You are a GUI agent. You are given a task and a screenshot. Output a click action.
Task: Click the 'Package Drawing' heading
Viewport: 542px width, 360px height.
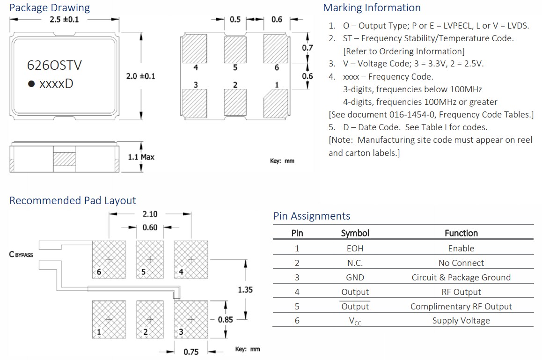pyautogui.click(x=50, y=8)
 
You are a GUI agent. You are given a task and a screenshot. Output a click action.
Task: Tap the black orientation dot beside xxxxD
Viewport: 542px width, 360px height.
pyautogui.click(x=31, y=84)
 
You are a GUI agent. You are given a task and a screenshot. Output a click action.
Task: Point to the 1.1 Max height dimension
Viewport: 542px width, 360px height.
pyautogui.click(x=141, y=157)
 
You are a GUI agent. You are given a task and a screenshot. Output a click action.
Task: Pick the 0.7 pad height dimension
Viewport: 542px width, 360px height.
pyautogui.click(x=308, y=48)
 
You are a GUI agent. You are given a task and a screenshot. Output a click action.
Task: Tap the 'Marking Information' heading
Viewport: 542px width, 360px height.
pyautogui.click(x=372, y=8)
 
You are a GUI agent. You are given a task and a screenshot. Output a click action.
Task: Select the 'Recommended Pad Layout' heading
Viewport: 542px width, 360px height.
pyautogui.click(x=73, y=201)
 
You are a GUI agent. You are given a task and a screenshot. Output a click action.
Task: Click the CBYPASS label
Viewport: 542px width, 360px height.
pyautogui.click(x=21, y=255)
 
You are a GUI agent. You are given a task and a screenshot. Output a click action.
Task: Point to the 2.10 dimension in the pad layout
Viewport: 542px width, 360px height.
pyautogui.click(x=150, y=214)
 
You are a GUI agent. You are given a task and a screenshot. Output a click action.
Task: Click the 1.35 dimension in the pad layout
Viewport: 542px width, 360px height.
pyautogui.click(x=245, y=290)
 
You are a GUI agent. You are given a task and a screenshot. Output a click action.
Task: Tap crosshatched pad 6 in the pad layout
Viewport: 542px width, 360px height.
pyautogui.click(x=109, y=258)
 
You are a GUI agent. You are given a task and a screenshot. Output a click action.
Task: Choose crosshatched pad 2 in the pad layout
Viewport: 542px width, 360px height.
pyautogui.click(x=150, y=319)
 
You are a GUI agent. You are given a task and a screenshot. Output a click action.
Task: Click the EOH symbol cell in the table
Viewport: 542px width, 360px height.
pyautogui.click(x=355, y=249)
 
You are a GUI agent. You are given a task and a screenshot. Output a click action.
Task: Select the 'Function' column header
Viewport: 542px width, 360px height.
pyautogui.click(x=461, y=233)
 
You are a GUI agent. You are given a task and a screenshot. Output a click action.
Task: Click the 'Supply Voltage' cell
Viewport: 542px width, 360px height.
pyautogui.click(x=461, y=321)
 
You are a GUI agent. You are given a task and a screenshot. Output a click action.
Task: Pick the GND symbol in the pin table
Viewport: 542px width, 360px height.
pyautogui.click(x=355, y=278)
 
